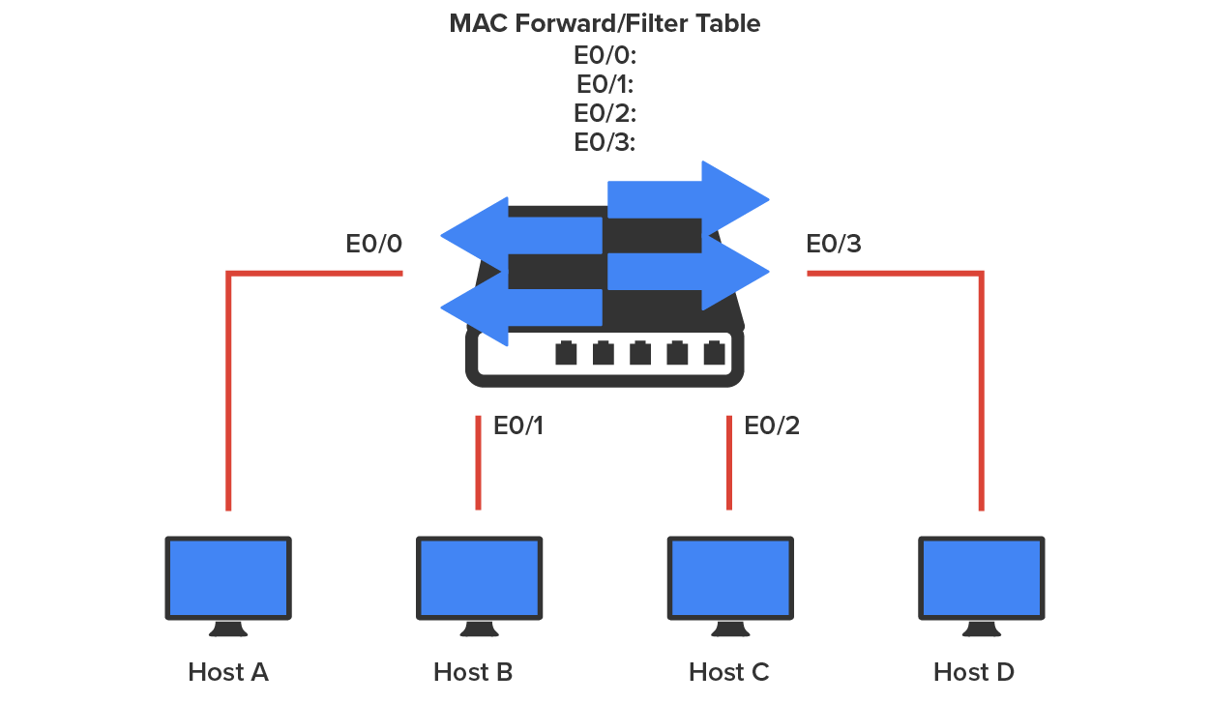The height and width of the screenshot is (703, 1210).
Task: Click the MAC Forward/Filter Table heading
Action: tap(605, 24)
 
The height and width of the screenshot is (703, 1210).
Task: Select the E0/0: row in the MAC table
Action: tap(605, 54)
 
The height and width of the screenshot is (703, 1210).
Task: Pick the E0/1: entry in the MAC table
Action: tap(605, 83)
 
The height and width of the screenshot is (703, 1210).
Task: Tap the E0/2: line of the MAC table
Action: tap(605, 113)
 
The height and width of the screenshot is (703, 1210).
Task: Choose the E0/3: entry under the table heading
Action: tap(605, 142)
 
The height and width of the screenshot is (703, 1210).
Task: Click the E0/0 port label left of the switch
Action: tap(374, 244)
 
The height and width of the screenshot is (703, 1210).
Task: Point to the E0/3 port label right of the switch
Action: tap(834, 244)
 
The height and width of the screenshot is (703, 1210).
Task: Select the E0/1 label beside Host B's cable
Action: tap(518, 425)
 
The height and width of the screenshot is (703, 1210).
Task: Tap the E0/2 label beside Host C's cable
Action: tap(772, 425)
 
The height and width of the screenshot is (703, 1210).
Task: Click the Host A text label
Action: tap(228, 672)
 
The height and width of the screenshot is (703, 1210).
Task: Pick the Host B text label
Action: tap(473, 672)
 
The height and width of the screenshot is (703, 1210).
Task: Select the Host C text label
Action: tap(729, 672)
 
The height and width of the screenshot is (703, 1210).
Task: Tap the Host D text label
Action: tap(974, 672)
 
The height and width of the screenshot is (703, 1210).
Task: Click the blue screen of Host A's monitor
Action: tap(228, 577)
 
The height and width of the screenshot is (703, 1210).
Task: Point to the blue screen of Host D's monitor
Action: tap(981, 577)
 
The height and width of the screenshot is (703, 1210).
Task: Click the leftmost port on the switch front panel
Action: tap(566, 354)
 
